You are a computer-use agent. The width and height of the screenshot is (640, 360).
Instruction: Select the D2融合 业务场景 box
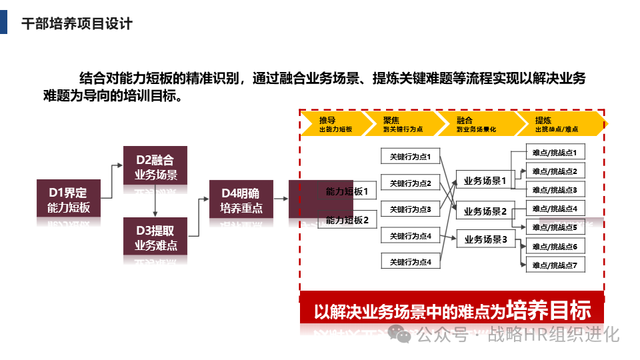(155, 165)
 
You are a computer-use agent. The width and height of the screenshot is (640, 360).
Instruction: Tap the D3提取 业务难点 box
(155, 237)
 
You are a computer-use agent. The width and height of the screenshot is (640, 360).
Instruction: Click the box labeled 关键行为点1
(410, 157)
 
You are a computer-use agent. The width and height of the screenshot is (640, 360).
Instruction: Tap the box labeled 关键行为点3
(410, 209)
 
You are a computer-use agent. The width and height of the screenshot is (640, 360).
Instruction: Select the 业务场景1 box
(485, 180)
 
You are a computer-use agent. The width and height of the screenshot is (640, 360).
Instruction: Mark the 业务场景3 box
(485, 239)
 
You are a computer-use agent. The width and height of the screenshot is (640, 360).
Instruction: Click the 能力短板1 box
(347, 191)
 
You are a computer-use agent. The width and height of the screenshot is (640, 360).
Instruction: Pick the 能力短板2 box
(347, 220)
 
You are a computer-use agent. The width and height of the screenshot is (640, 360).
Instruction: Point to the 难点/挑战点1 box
(555, 153)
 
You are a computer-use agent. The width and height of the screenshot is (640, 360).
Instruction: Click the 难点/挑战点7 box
(555, 265)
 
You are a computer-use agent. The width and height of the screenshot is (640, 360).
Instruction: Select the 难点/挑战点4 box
(555, 209)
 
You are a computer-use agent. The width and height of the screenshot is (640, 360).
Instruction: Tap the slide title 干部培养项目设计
(77, 24)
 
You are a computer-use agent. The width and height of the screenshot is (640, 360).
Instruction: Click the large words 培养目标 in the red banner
(549, 310)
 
